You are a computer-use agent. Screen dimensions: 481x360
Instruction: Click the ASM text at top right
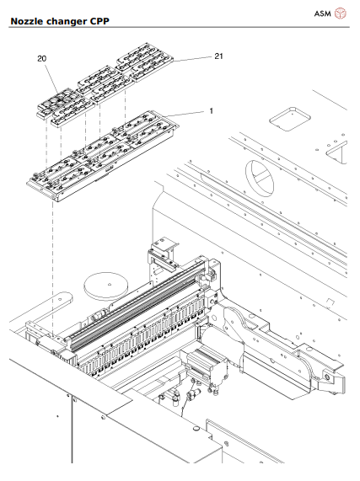(323, 13)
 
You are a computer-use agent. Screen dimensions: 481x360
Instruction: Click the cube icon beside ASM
(341, 13)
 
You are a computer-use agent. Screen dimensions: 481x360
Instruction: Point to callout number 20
(41, 59)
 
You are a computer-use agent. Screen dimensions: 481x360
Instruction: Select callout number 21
(218, 56)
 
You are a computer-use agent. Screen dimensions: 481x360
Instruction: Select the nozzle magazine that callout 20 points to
(63, 105)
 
